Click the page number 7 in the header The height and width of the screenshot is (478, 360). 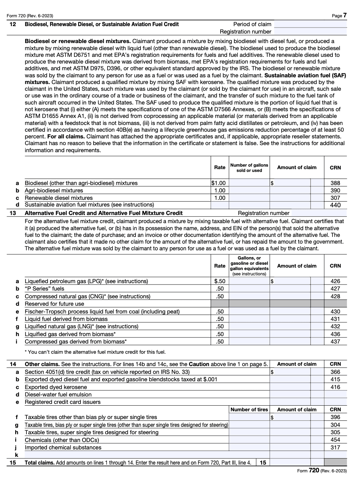[344, 15]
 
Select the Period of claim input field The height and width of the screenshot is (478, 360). [310, 24]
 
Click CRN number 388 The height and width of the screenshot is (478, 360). [335, 183]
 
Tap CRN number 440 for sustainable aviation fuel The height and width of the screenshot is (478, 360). [335, 205]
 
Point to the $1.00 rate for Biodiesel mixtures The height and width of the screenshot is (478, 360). [218, 183]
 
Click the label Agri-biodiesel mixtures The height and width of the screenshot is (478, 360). [54, 190]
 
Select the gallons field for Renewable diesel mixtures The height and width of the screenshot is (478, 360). [249, 198]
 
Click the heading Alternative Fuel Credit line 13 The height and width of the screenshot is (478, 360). [103, 213]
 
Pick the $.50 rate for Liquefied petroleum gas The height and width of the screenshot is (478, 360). [220, 281]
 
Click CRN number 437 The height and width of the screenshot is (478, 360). [335, 341]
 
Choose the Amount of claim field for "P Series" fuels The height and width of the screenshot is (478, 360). [290, 289]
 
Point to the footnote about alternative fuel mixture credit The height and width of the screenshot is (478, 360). [95, 352]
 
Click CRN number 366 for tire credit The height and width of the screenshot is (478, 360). [335, 372]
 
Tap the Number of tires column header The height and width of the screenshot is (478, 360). [249, 410]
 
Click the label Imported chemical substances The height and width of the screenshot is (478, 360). [63, 447]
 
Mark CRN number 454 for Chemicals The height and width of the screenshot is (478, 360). [335, 440]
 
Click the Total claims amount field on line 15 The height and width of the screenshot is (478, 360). [290, 462]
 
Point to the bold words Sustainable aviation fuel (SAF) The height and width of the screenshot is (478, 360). [305, 75]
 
